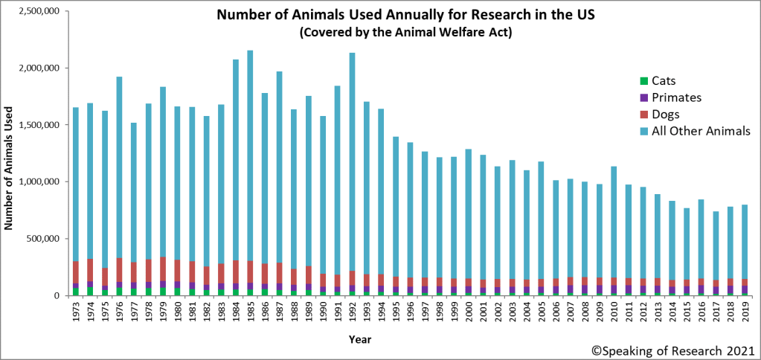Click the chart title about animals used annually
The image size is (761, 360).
(395, 16)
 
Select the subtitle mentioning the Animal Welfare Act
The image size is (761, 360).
(395, 33)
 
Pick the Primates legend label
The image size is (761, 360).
(676, 97)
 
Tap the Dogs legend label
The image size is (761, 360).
(667, 115)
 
